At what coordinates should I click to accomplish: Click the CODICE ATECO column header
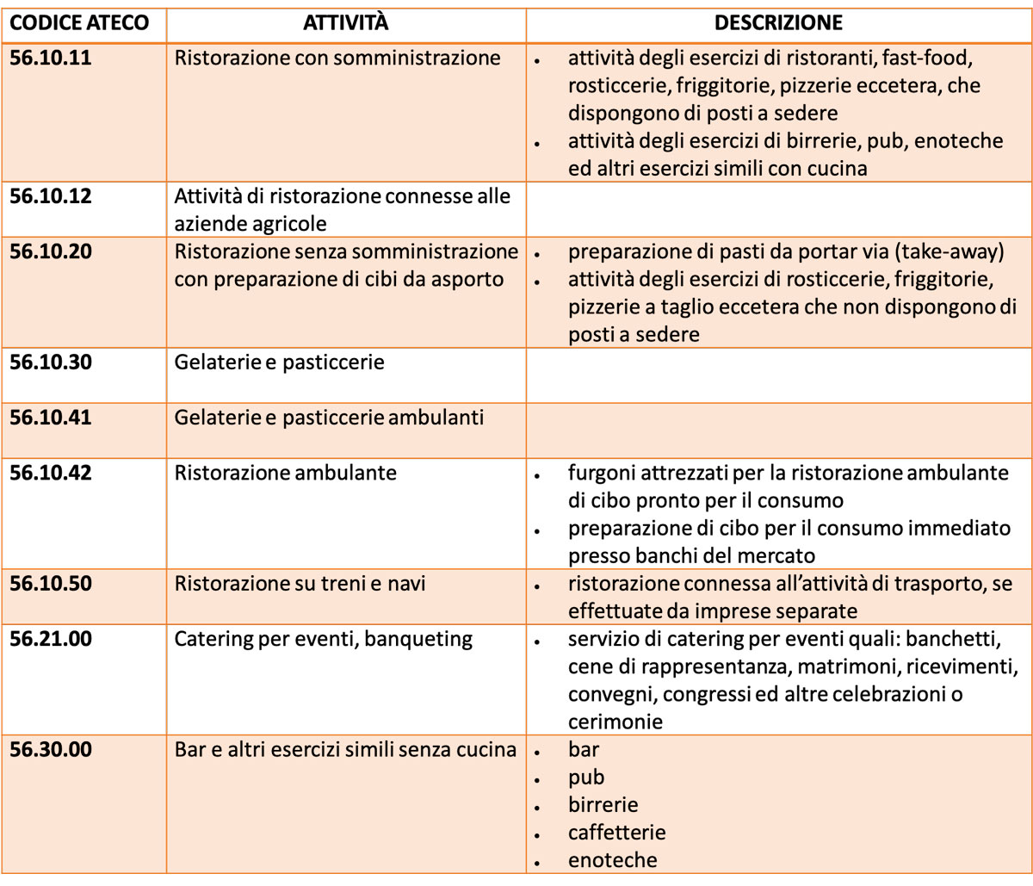click(79, 23)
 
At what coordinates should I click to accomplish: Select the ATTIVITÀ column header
click(345, 23)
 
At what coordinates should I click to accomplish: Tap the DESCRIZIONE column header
click(778, 23)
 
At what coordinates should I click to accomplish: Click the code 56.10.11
click(51, 59)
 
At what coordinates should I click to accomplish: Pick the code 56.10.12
click(51, 196)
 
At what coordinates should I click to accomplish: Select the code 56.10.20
click(51, 251)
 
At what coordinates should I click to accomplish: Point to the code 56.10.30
click(51, 362)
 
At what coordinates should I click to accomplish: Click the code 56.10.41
click(51, 418)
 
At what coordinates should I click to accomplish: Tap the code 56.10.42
click(51, 473)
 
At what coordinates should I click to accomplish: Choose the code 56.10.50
click(51, 584)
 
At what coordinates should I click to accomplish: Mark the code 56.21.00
click(51, 639)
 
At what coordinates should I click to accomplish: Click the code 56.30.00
click(51, 749)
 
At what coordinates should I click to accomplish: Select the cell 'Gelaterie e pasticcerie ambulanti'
click(329, 418)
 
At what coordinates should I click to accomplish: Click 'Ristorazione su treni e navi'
click(300, 584)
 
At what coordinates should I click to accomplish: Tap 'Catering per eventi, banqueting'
click(324, 639)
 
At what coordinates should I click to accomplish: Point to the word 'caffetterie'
click(616, 833)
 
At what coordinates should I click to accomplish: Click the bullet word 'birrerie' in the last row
click(603, 805)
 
